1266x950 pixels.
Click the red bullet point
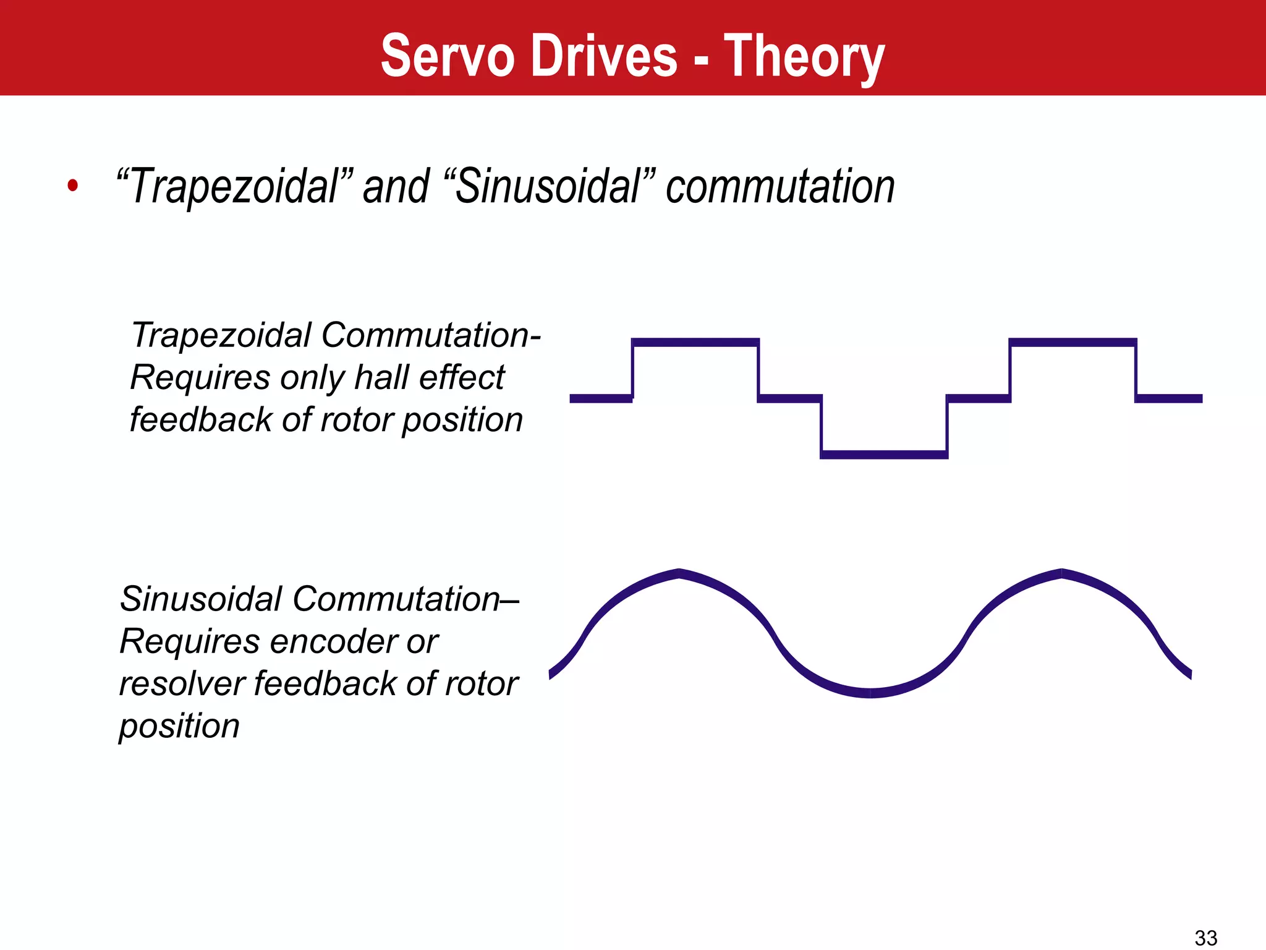pyautogui.click(x=73, y=185)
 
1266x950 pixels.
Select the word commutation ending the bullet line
pyautogui.click(x=780, y=186)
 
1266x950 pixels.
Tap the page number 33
pyautogui.click(x=1205, y=938)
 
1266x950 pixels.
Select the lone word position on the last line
pyautogui.click(x=179, y=725)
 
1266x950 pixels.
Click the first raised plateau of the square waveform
pyautogui.click(x=695, y=343)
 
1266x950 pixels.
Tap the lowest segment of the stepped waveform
pyautogui.click(x=884, y=455)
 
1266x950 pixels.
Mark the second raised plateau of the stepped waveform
pyautogui.click(x=1073, y=343)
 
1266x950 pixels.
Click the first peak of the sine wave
pyautogui.click(x=679, y=573)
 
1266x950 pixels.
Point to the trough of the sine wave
pyautogui.click(x=870, y=693)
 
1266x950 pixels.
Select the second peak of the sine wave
pyautogui.click(x=1062, y=573)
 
